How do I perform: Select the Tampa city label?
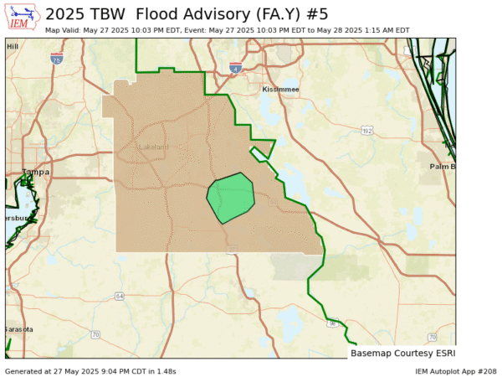[35, 172]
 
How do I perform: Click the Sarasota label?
[18, 329]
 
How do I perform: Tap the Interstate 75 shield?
[57, 59]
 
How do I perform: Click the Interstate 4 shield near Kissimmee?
[237, 69]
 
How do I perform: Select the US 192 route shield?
[366, 132]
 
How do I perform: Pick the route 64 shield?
[120, 296]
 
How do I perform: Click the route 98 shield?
[332, 323]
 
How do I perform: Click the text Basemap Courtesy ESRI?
[402, 354]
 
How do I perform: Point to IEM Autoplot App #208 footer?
[455, 370]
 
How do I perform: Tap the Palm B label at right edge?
[442, 166]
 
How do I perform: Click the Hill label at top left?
[12, 47]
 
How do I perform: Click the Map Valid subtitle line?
[227, 30]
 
